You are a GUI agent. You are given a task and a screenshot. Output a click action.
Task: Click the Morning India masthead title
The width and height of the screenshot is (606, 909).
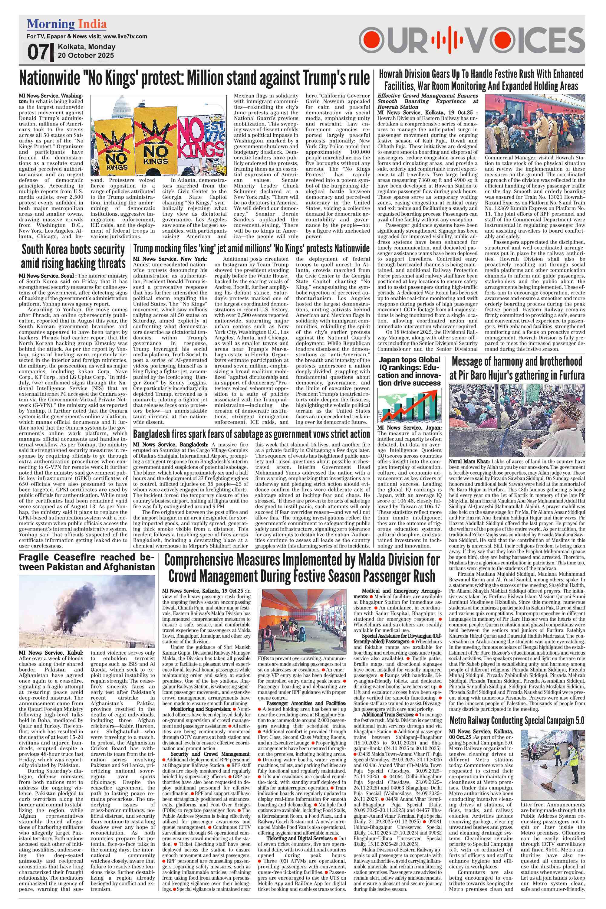pyautogui.click(x=67, y=24)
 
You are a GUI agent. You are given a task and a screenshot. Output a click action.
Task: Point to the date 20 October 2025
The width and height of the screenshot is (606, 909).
pyautogui.click(x=86, y=55)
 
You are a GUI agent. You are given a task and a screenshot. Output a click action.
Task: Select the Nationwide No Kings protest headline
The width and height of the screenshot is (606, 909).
pyautogui.click(x=194, y=78)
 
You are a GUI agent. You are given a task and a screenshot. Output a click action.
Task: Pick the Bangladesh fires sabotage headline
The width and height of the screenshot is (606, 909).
pyautogui.click(x=251, y=434)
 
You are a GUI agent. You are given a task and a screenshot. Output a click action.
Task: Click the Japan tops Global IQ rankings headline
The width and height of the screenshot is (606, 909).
pyautogui.click(x=409, y=371)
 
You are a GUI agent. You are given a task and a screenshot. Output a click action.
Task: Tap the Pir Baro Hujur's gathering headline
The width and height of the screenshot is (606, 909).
pyautogui.click(x=517, y=368)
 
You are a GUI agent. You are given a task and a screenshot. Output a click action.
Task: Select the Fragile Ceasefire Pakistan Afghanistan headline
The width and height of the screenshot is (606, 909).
pyautogui.click(x=87, y=562)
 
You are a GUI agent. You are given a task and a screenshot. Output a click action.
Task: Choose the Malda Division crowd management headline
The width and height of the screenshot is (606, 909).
pyautogui.click(x=301, y=568)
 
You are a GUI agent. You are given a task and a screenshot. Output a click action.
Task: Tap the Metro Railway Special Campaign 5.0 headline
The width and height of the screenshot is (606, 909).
pyautogui.click(x=517, y=721)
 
